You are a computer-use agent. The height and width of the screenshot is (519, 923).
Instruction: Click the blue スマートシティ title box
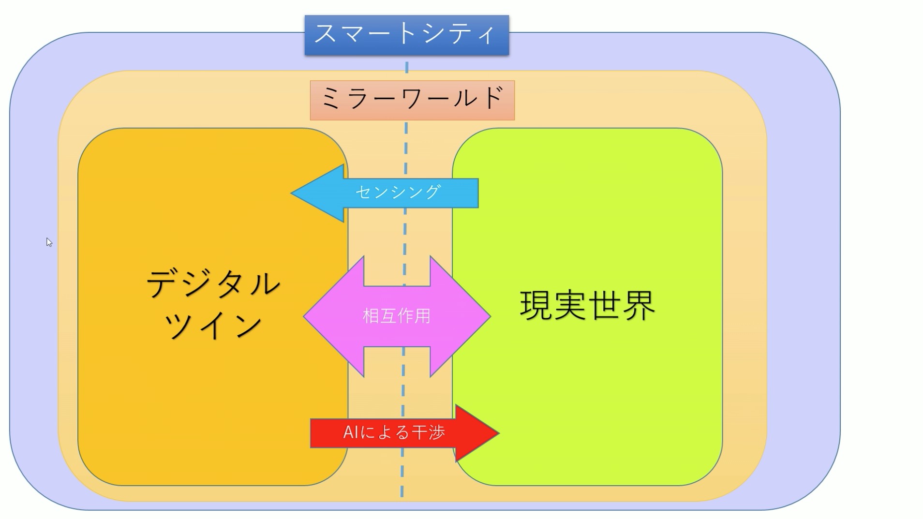(x=406, y=35)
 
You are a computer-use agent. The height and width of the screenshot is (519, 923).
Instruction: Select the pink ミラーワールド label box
(x=412, y=100)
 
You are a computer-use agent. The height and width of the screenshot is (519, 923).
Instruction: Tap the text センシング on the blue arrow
(x=398, y=193)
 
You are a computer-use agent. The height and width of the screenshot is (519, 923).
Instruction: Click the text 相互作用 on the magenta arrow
(x=397, y=316)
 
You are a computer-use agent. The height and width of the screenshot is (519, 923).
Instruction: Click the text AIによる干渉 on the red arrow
(x=394, y=432)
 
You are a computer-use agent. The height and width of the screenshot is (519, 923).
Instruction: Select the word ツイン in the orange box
(x=213, y=325)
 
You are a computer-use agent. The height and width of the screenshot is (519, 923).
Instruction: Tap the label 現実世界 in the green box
(x=587, y=306)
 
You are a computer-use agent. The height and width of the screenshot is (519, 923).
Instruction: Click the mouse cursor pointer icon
(x=49, y=242)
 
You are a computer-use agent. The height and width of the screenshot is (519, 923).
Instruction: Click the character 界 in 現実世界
(x=639, y=306)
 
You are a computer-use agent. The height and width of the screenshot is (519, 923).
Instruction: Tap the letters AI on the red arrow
(x=351, y=432)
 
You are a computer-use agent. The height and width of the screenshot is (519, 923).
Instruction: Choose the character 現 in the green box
(x=536, y=306)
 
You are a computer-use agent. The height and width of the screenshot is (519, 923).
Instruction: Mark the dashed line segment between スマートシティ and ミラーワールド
(x=407, y=67)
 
